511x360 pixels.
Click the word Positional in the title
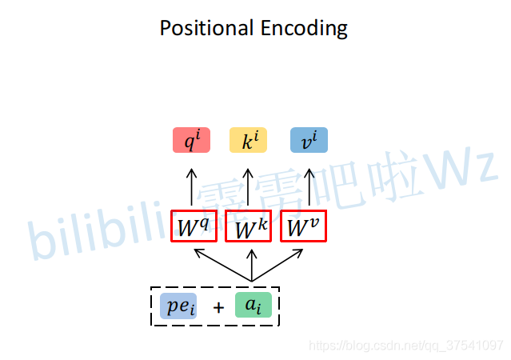[206, 28]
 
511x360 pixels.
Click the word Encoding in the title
[304, 29]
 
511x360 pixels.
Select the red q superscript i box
[191, 140]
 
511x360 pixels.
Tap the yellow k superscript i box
[249, 140]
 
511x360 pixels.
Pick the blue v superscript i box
[309, 140]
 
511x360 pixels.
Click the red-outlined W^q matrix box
[194, 226]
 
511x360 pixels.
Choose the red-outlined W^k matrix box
[249, 226]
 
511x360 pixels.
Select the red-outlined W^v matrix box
[303, 226]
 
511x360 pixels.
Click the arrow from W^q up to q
[192, 187]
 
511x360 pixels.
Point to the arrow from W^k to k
[248, 187]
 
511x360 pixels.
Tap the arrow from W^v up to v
[309, 187]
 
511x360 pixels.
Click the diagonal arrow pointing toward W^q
[222, 265]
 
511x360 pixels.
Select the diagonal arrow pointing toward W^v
[277, 265]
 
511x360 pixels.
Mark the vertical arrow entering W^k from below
[252, 265]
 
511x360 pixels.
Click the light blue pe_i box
[178, 306]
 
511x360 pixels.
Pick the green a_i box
[254, 305]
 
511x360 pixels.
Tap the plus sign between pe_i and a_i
[218, 307]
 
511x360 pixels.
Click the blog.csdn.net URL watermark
[405, 346]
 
